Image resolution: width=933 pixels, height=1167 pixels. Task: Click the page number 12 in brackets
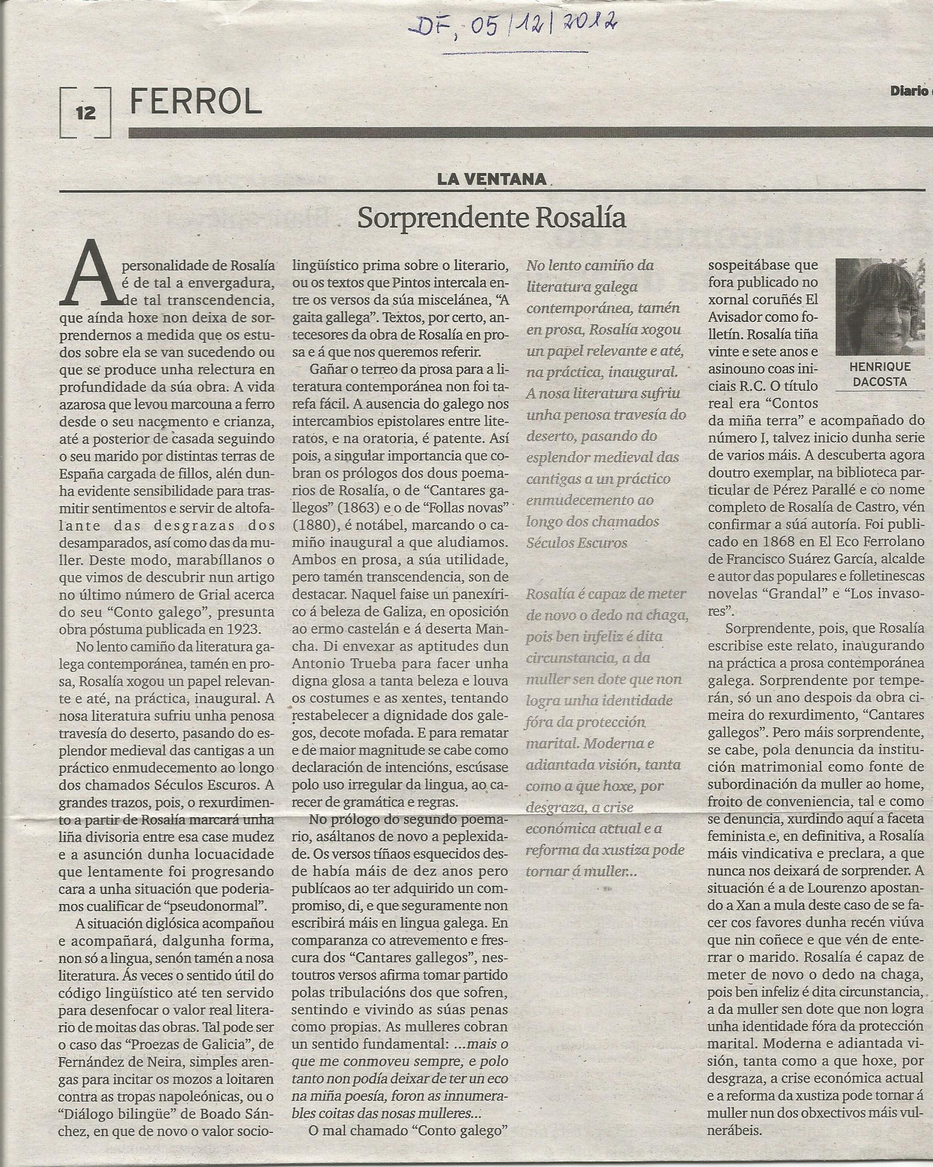click(86, 112)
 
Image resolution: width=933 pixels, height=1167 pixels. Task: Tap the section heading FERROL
click(195, 102)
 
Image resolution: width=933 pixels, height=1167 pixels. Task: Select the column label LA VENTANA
click(492, 178)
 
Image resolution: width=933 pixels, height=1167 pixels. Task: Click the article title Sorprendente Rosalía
click(492, 218)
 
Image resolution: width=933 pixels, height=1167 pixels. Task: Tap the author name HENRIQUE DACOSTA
click(880, 374)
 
